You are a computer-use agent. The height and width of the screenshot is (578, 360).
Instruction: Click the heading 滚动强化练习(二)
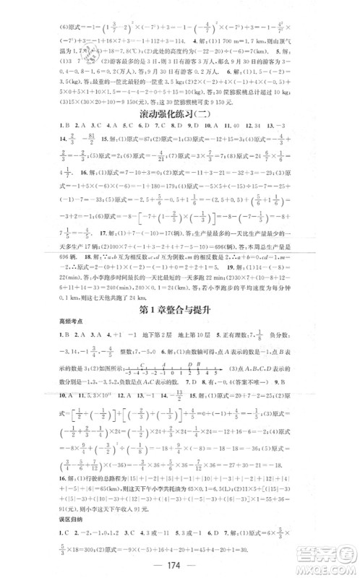click(x=179, y=114)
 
